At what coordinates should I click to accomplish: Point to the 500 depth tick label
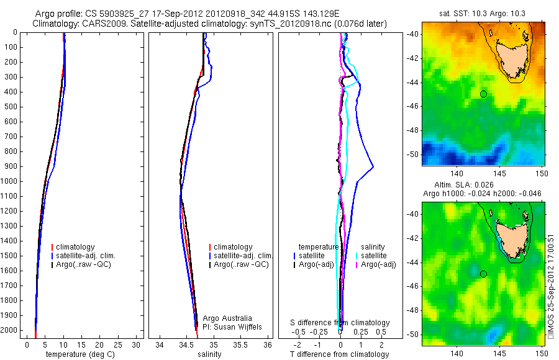[11, 107]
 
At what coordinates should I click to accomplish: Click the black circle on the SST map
[483, 94]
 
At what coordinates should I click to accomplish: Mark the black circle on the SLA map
[483, 274]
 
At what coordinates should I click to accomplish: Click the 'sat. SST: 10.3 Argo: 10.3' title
[483, 13]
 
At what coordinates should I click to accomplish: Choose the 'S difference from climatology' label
[340, 323]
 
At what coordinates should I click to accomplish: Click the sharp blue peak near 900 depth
[373, 166]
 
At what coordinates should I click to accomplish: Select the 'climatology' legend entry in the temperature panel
[76, 246]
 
